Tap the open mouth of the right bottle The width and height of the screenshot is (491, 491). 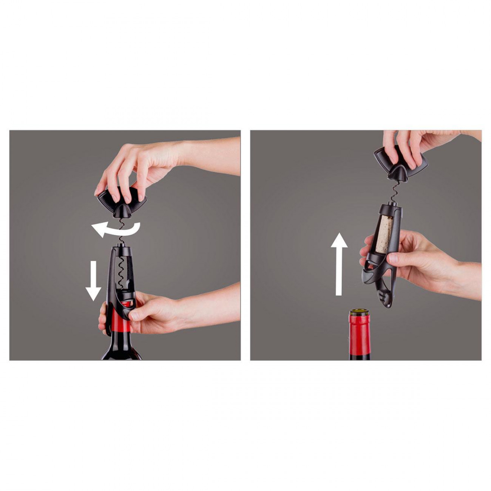point(357,312)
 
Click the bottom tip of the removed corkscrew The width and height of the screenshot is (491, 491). point(389,304)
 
